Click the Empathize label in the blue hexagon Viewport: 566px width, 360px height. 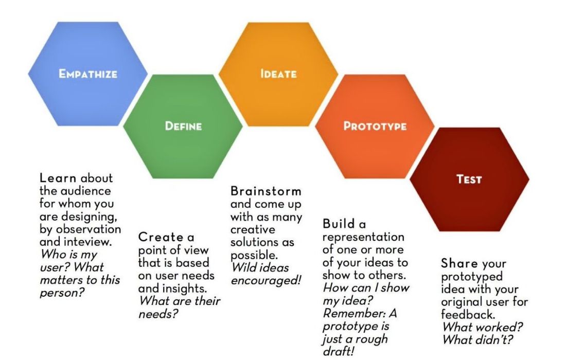[87, 74]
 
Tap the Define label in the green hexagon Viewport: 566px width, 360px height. [183, 126]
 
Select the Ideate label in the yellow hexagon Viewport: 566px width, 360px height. [278, 74]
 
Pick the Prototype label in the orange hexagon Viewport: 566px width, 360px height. [375, 126]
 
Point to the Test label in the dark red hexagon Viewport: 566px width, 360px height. [469, 179]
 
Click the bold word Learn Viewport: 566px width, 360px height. [58, 178]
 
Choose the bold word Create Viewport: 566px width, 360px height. [161, 238]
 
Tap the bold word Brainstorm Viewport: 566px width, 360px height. [266, 191]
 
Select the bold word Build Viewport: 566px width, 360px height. [339, 224]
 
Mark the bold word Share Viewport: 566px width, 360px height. [459, 264]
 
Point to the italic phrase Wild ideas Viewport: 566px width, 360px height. [260, 267]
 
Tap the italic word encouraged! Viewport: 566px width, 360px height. [265, 280]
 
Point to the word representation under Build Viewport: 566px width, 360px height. [363, 237]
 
